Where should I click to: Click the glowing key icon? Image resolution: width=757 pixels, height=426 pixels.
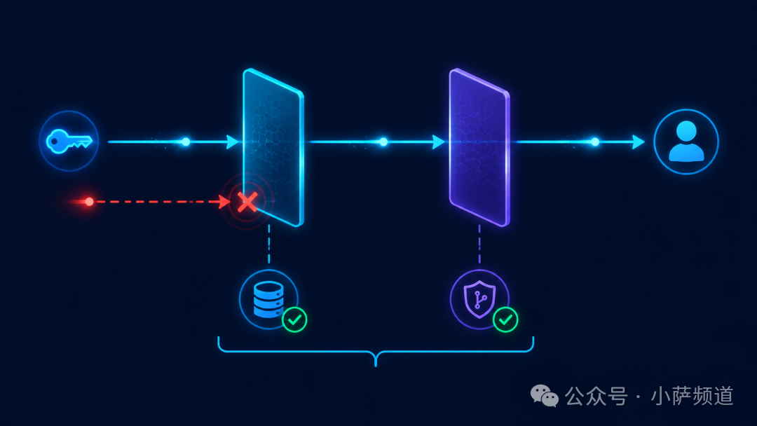click(x=68, y=142)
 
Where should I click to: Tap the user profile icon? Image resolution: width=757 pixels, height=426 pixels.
click(x=686, y=142)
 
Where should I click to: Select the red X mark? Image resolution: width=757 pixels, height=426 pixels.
click(x=247, y=202)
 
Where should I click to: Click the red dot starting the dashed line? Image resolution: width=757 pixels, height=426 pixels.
click(x=89, y=202)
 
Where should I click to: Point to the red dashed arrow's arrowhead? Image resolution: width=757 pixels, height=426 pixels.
click(x=224, y=202)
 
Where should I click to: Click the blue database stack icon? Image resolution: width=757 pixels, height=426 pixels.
click(x=268, y=299)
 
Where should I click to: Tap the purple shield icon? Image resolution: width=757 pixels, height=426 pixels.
click(x=479, y=299)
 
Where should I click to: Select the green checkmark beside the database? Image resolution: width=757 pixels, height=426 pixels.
click(x=294, y=319)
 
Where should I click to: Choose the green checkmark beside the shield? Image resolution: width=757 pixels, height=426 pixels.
click(x=505, y=319)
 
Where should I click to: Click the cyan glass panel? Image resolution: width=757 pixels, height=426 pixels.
click(x=273, y=147)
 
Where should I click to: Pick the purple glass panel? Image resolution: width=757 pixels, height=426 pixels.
click(x=479, y=147)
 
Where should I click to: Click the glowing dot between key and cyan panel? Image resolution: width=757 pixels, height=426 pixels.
click(x=186, y=142)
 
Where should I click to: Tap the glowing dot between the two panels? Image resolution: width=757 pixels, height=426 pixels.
click(x=383, y=142)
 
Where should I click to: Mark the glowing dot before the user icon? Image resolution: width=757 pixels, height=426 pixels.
click(x=595, y=142)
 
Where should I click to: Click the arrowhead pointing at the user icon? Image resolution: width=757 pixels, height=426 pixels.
click(x=639, y=142)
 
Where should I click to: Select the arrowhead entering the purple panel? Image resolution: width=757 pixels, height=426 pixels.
click(x=438, y=142)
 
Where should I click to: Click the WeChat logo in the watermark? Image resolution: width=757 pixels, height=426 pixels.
click(x=544, y=396)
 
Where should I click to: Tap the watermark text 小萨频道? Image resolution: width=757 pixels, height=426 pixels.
click(x=693, y=396)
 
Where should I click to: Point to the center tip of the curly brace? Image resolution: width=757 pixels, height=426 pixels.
click(x=376, y=366)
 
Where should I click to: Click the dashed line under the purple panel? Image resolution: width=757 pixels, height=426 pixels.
click(x=479, y=244)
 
